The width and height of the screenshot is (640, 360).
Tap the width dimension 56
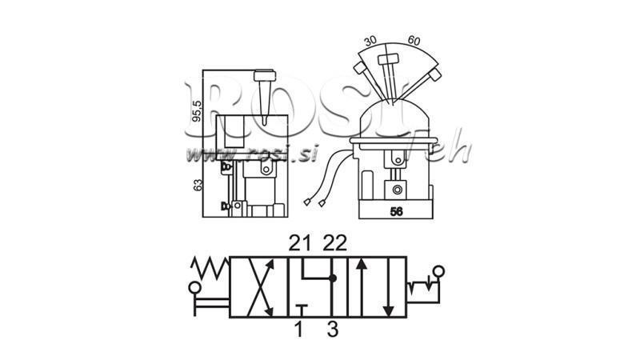click(x=395, y=212)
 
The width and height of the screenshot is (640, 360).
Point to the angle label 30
click(x=370, y=40)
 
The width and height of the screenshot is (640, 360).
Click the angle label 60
click(x=413, y=40)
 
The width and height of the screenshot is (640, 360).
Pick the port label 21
click(x=298, y=242)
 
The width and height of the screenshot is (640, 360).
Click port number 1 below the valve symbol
click(x=299, y=329)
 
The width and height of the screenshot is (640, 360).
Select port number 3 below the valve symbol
click(x=334, y=329)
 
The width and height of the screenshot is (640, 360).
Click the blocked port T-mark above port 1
click(x=299, y=307)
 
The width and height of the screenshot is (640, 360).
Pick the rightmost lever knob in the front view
click(x=434, y=75)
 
